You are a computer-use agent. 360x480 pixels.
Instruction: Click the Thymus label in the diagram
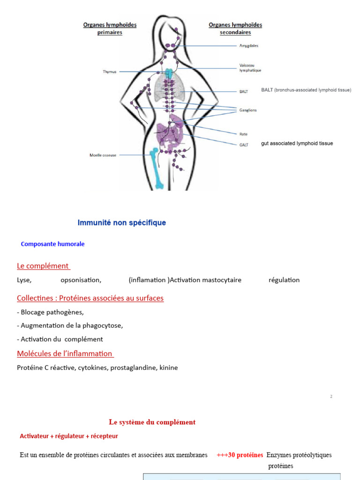[109, 72]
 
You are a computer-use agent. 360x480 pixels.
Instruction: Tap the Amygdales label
[248, 46]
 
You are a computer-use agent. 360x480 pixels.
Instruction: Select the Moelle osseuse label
[103, 155]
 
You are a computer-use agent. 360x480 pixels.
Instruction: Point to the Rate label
[243, 134]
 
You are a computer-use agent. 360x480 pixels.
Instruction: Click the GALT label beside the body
[244, 144]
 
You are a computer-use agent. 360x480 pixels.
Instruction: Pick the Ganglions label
[248, 110]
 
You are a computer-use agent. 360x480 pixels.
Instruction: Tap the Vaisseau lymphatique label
[250, 67]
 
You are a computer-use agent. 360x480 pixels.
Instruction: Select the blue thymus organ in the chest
[168, 73]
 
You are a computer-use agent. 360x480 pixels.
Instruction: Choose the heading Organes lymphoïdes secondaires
[235, 29]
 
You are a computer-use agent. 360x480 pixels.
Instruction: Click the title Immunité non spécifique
[122, 223]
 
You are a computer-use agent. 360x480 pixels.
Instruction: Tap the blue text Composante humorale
[53, 244]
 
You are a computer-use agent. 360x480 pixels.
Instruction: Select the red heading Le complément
[43, 266]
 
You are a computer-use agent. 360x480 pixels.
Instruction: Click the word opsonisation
[81, 280]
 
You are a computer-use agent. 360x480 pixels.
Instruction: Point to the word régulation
[284, 280]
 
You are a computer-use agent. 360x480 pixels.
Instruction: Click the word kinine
[169, 368]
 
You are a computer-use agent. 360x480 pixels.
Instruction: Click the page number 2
[331, 397]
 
